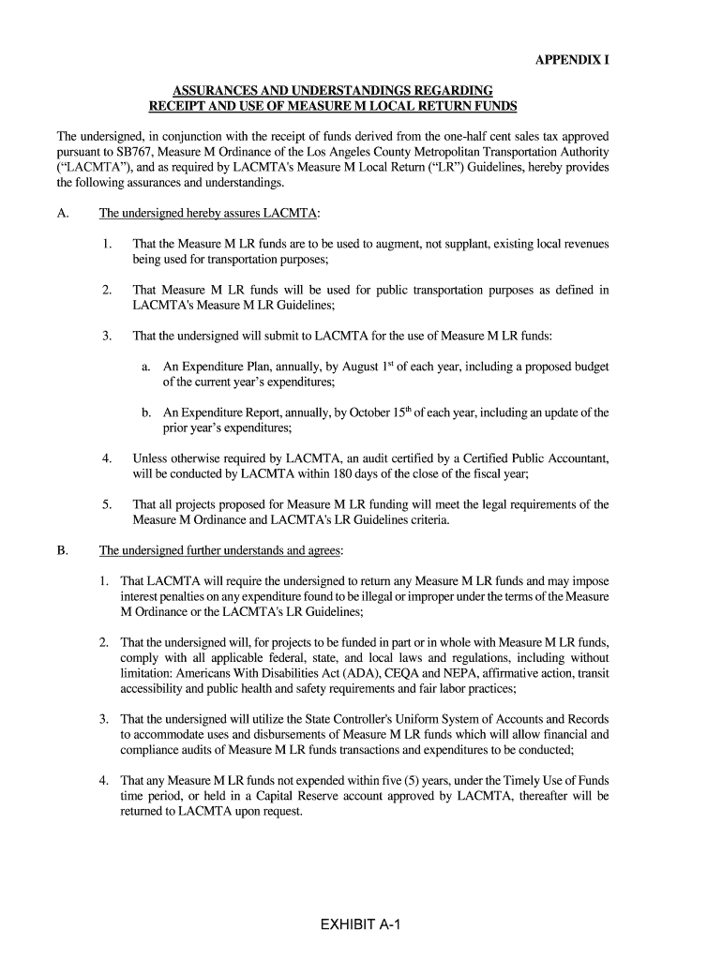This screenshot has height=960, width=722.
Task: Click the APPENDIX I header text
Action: pos(572,61)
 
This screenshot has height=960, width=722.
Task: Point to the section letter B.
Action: pos(63,550)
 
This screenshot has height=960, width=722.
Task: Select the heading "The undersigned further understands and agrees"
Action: pos(220,550)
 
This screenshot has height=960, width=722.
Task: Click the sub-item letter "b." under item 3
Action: pos(147,412)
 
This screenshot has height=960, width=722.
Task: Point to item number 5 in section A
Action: pos(108,504)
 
